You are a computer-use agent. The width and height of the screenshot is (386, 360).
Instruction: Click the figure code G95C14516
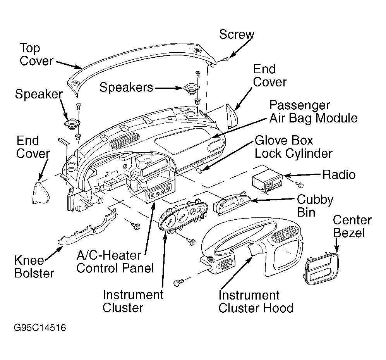pyautogui.click(x=40, y=328)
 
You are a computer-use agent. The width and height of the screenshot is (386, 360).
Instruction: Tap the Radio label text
pyautogui.click(x=339, y=175)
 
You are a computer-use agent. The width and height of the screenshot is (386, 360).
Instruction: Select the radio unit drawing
pyautogui.click(x=268, y=181)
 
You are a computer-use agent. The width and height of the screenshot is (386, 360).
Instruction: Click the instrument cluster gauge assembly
pyautogui.click(x=183, y=215)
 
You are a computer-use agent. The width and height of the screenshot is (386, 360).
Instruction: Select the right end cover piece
pyautogui.click(x=232, y=117)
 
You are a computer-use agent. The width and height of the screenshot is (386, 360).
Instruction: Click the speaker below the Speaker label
pyautogui.click(x=72, y=123)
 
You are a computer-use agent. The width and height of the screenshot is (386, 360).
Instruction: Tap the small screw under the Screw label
pyautogui.click(x=225, y=59)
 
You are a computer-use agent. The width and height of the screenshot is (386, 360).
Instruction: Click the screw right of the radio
pyautogui.click(x=299, y=184)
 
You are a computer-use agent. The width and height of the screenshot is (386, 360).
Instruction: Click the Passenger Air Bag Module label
pyautogui.click(x=313, y=112)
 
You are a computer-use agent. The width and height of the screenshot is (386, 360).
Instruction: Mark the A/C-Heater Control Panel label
pyautogui.click(x=115, y=262)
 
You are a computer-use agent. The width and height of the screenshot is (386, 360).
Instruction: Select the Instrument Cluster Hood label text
pyautogui.click(x=256, y=301)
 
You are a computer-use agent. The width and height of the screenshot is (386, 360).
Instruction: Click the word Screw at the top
pyautogui.click(x=237, y=34)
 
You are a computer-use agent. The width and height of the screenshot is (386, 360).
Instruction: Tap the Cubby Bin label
pyautogui.click(x=315, y=206)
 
